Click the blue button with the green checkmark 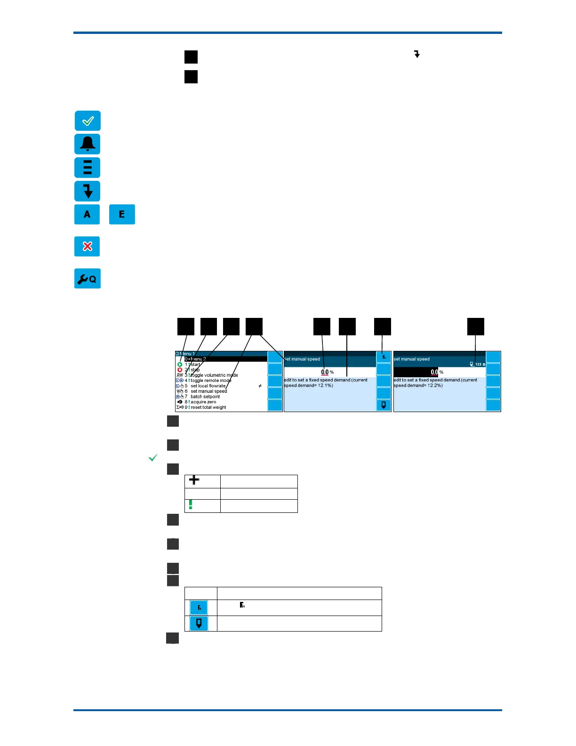88,121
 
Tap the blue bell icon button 88,144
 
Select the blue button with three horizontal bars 88,168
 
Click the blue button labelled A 87,214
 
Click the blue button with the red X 87,246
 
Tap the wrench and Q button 87,279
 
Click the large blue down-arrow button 88,191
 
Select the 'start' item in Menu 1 195,365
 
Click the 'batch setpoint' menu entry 205,397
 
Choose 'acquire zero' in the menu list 203,402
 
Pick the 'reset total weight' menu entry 208,407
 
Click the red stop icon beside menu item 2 180,370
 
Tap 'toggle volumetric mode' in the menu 214,375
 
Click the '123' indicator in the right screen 478,365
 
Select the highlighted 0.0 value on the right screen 434,372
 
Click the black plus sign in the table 194,480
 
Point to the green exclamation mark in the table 191,505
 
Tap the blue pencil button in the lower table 199,624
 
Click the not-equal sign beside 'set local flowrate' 260,386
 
